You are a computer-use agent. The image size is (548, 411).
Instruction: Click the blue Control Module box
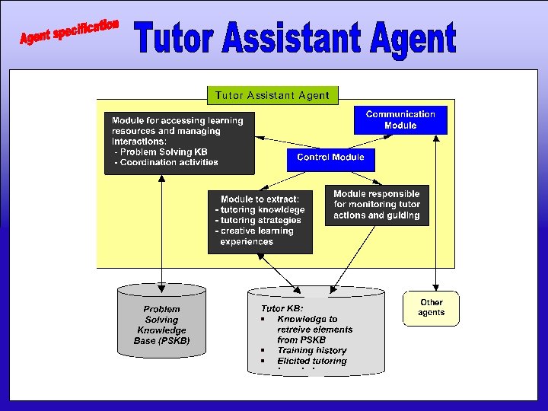click(x=330, y=158)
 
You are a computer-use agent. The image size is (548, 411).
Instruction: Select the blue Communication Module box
click(x=400, y=119)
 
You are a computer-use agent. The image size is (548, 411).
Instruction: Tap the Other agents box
click(x=431, y=308)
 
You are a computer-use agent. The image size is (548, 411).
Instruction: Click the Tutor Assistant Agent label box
click(x=272, y=95)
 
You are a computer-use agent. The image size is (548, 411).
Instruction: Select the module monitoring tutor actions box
click(x=376, y=205)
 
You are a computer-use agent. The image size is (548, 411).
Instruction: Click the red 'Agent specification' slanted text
click(x=69, y=31)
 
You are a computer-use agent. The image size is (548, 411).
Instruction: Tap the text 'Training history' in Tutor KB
click(x=311, y=350)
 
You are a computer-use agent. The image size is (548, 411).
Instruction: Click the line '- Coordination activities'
click(x=166, y=162)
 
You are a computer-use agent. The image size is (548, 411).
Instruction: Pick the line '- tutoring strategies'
click(x=259, y=220)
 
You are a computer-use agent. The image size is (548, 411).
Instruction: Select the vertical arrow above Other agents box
click(x=435, y=213)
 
